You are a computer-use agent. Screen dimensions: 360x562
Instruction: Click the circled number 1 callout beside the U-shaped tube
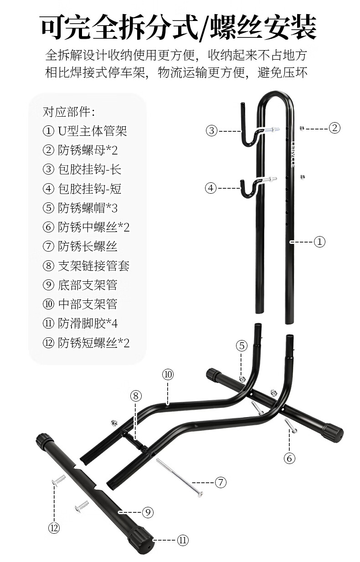coord(319,242)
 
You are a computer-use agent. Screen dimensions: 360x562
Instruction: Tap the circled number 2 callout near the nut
coord(334,128)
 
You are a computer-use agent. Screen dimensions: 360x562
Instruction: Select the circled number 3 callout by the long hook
coord(211,131)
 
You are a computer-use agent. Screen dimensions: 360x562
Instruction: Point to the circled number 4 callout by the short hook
coord(211,188)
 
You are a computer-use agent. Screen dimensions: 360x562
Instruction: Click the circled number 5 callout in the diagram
coord(242,346)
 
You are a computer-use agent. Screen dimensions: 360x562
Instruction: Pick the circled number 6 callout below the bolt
coord(289,459)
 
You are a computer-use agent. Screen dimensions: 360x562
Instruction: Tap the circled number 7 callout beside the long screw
coord(221,482)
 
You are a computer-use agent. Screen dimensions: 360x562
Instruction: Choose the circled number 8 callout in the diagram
coord(136,396)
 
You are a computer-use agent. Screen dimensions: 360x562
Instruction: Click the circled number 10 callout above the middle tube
coord(168,375)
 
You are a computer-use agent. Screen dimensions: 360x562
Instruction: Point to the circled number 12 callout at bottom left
coord(54,528)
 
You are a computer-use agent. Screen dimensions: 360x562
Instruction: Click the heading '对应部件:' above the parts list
coord(69,112)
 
